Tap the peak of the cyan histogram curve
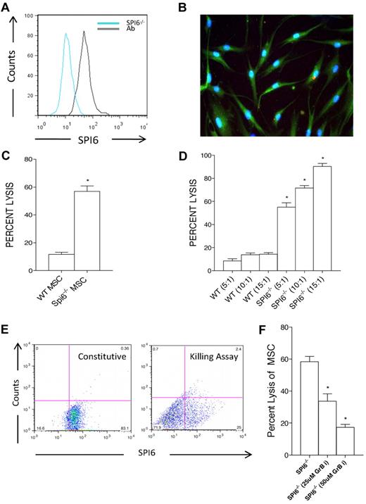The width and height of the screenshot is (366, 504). coord(65,33)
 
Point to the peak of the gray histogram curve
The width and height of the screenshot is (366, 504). coord(84,31)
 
